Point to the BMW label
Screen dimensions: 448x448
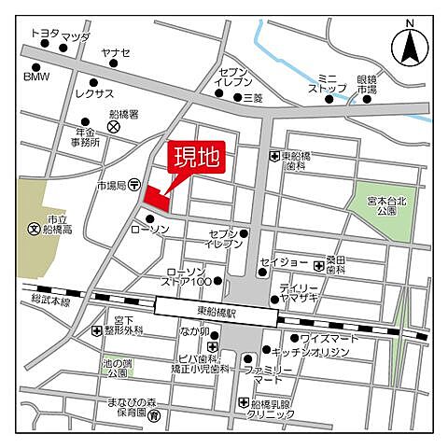36,79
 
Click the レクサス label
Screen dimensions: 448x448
93,94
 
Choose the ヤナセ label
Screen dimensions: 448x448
116,53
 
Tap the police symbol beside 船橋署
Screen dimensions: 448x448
113,125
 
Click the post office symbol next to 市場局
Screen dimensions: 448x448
136,185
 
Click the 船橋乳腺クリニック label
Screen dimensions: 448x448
278,410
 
